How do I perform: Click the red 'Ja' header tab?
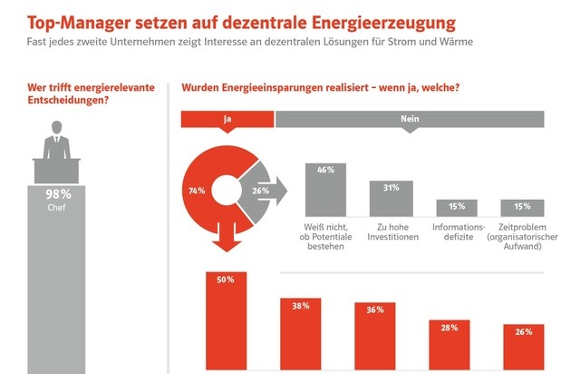pos(227,118)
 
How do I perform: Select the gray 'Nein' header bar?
pos(410,118)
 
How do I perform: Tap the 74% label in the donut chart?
pos(197,192)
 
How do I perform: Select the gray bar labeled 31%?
pos(391,196)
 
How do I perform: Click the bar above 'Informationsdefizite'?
pos(457,206)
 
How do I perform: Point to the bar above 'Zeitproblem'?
pos(521,206)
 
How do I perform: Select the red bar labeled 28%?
pos(448,346)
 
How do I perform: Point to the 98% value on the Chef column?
pos(58,193)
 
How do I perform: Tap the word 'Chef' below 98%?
pos(58,206)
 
